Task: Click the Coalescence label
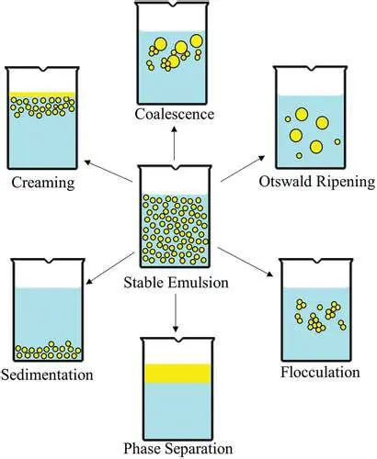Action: point(174,114)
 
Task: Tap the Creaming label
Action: point(42,182)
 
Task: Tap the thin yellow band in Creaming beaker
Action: point(41,95)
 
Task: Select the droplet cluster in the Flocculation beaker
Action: point(314,315)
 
